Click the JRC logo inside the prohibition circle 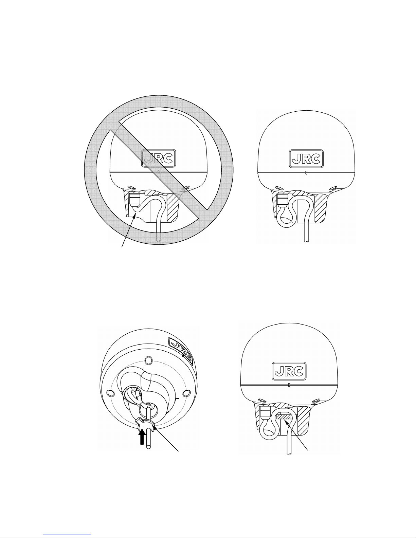tap(159, 158)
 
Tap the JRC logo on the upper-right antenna tap(306, 159)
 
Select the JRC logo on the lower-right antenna tap(289, 371)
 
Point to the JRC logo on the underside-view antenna tap(181, 351)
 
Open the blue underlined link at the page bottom tap(67, 534)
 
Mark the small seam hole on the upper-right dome tap(306, 172)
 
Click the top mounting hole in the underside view tap(148, 360)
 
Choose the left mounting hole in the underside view tap(110, 393)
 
